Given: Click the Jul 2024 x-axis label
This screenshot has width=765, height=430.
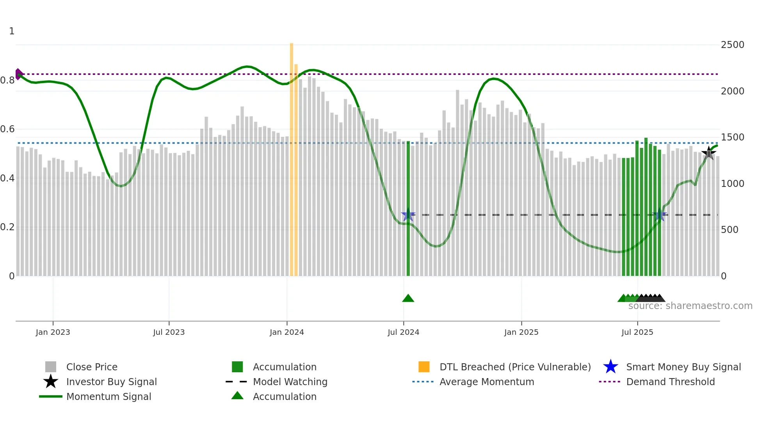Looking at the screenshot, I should pos(403,332).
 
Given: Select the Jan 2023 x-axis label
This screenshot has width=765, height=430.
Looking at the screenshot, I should pos(53,332).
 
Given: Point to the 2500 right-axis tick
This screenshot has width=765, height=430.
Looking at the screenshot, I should pos(732,45).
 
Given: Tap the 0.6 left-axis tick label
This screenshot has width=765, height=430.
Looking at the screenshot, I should pos(7,129).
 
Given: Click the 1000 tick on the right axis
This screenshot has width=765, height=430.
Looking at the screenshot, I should pos(732,184).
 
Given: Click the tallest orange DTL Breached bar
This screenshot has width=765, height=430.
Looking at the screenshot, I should pos(292,156).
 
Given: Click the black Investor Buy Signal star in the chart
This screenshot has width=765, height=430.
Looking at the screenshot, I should pos(709,153).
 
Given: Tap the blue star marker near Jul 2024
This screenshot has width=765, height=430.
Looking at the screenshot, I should pos(408,215).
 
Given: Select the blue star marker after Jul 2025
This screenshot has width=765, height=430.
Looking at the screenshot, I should pos(660,215).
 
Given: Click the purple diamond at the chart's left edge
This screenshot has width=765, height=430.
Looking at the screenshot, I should pos(18,74).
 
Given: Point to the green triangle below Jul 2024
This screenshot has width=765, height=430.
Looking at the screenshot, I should pos(408,299).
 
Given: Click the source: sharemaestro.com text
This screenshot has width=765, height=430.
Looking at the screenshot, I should pos(690,306).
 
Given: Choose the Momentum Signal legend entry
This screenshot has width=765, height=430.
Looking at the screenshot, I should pos(109,397).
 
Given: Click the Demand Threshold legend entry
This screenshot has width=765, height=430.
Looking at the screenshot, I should pos(670,382).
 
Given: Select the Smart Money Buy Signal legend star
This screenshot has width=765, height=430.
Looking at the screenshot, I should pos(610,367).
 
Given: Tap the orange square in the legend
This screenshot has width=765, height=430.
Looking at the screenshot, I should pos(424,367).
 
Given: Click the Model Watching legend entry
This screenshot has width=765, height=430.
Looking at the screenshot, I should pos(290,382).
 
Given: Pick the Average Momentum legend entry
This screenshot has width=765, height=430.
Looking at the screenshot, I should pos(486,382).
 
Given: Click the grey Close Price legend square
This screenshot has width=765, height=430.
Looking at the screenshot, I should pos(51,367).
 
